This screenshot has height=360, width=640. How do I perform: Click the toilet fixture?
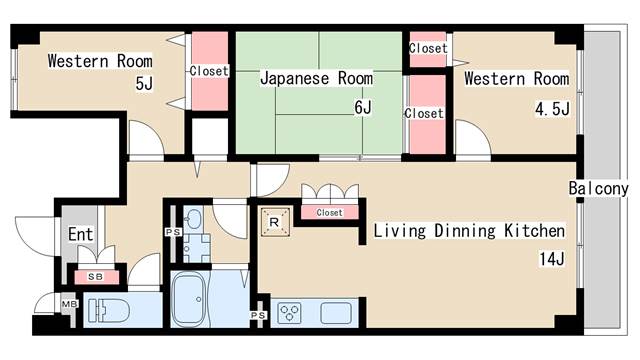pos(108,310)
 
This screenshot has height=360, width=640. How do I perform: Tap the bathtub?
pos(188,299)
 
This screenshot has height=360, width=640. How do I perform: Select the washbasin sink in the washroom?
pos(193,220)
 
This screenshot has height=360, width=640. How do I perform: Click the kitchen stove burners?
pos(289,313)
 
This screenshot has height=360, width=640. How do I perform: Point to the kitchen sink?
pos(336,313)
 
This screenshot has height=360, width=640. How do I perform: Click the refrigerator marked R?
pos(275,222)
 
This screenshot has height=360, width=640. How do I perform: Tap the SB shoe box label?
pos(96,277)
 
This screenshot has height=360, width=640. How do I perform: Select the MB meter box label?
pos(69,304)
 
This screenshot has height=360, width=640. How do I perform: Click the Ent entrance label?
pos(80,234)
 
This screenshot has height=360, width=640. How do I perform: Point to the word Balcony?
pos(598,189)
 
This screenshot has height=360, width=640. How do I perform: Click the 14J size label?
pos(552,259)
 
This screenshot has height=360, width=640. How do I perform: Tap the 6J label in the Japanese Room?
pos(363,107)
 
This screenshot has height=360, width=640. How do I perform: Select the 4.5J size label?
pos(552,109)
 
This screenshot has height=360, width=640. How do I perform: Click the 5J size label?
pos(144,84)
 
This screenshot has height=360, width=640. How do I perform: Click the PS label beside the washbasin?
pos(173,232)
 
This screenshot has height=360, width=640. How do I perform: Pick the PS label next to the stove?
pos(258,315)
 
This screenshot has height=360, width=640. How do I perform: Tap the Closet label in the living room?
pos(329,213)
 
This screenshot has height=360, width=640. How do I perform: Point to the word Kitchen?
pos(535,231)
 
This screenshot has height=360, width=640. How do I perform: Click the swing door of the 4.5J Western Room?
pos(473,138)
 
